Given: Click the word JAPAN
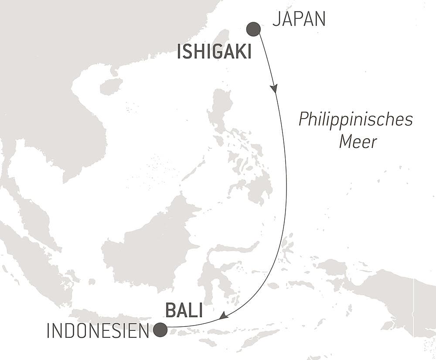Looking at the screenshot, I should click(299, 20).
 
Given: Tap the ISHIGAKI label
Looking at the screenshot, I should click(214, 53).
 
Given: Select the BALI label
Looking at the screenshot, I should click(184, 311).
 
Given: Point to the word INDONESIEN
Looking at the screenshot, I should click(98, 331).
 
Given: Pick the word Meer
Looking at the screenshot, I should click(358, 142).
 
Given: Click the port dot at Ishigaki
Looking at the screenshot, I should click(253, 29).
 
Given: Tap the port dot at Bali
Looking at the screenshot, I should click(160, 329).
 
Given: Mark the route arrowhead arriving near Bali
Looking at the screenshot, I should click(223, 315).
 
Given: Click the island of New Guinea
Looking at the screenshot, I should click(388, 292).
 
